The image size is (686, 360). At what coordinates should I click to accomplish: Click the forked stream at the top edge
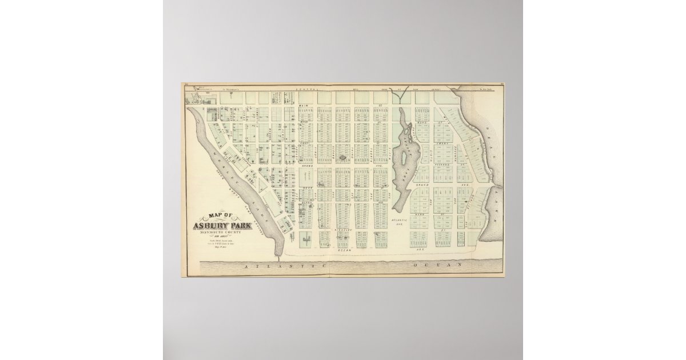tap(403, 91)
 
